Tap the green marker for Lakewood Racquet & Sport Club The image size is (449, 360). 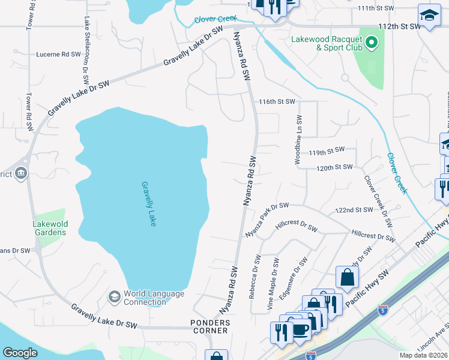tap(371, 43)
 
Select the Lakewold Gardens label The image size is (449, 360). tap(49, 228)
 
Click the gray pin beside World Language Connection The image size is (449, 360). tap(114, 297)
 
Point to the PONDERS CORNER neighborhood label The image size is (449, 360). tap(210, 326)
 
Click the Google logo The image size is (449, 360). tap(20, 353)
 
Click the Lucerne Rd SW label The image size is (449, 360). tap(59, 54)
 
